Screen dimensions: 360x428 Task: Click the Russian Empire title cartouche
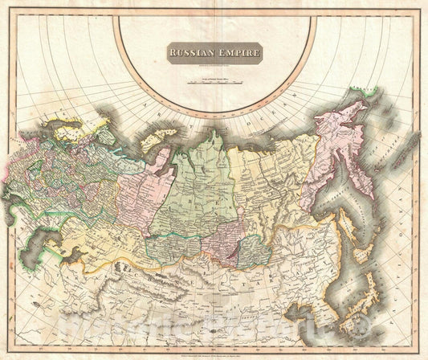(x=214, y=54)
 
